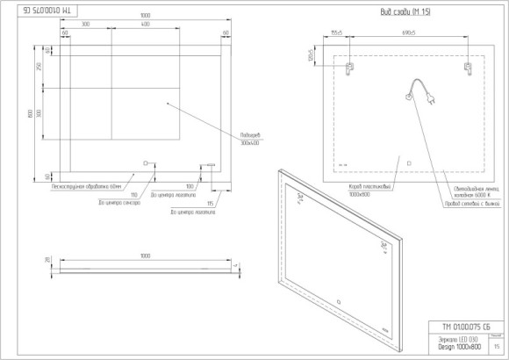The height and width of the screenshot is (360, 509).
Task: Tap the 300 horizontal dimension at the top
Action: (x=85, y=25)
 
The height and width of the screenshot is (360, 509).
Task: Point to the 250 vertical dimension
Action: (x=39, y=68)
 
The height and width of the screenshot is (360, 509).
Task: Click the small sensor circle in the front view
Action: (x=147, y=162)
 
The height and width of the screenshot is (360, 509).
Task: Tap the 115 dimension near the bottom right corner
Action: (x=211, y=204)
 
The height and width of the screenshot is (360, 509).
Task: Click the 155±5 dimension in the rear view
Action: (x=336, y=32)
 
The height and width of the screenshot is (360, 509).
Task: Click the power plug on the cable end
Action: (x=433, y=99)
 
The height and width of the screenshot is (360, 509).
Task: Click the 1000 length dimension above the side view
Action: (x=144, y=256)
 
